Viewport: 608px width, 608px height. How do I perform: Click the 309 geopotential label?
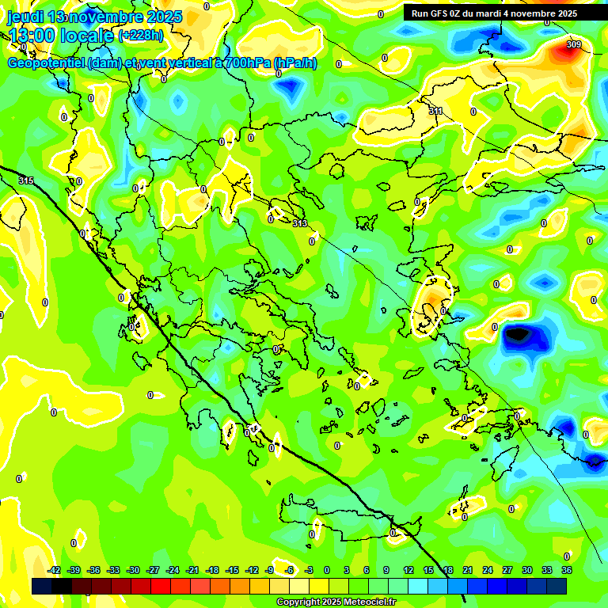(x=573, y=44)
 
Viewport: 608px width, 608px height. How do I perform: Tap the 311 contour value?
(x=435, y=112)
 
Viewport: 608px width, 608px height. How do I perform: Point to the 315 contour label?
(x=26, y=181)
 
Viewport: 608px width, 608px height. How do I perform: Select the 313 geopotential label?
(x=299, y=224)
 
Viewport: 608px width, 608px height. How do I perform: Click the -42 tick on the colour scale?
(x=55, y=570)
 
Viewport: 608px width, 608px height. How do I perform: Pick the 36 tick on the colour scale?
(x=567, y=570)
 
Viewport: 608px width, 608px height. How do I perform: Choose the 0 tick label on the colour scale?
(x=327, y=570)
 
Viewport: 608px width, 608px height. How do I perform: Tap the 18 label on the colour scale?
(x=448, y=570)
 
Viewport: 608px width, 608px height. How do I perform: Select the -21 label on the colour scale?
(x=192, y=570)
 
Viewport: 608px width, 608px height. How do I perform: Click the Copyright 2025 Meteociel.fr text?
(x=336, y=602)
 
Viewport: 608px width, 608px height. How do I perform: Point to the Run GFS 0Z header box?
(x=494, y=13)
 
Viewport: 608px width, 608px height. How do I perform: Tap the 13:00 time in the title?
(x=36, y=35)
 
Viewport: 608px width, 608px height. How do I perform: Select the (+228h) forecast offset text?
(x=140, y=36)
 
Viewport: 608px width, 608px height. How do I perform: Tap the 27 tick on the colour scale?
(x=507, y=570)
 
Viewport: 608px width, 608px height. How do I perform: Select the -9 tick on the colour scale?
(x=269, y=570)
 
